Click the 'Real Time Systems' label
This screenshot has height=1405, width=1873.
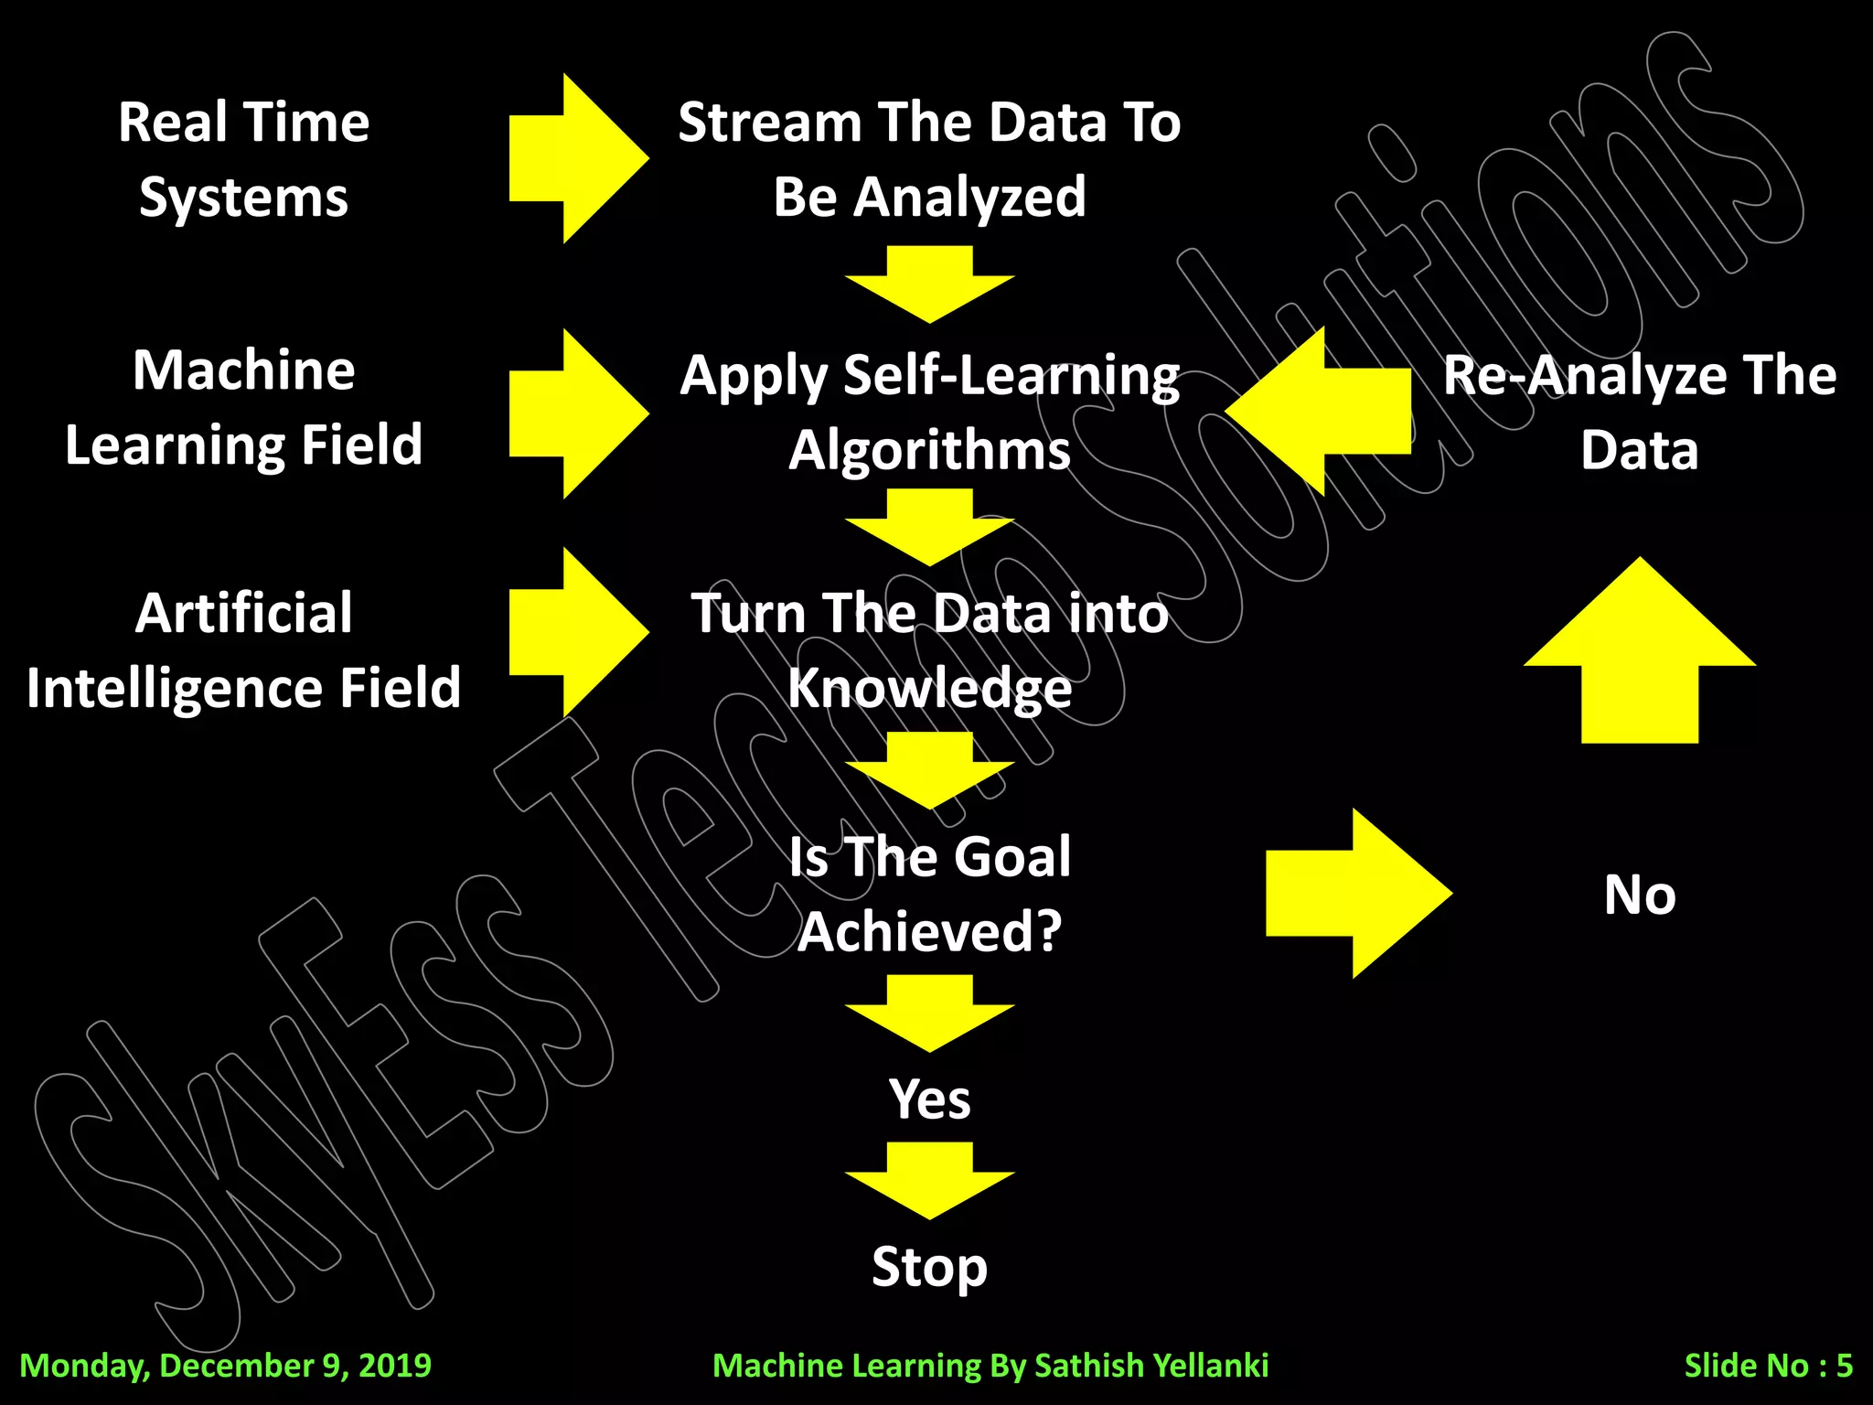pos(243,159)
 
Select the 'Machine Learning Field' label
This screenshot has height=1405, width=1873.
pos(243,408)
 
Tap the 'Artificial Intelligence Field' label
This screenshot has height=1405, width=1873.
pos(243,649)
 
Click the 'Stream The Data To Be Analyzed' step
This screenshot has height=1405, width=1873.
pos(929,159)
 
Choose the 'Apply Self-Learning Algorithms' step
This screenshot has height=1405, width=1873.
pos(929,413)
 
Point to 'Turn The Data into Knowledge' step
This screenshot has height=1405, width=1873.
pos(929,649)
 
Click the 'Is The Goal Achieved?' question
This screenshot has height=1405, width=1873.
pos(929,894)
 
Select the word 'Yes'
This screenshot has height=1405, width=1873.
pos(929,1099)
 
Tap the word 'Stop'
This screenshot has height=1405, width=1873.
pos(929,1267)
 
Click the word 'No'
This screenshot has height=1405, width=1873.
pos(1639,895)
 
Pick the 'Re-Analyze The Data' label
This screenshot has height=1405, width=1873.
pos(1639,413)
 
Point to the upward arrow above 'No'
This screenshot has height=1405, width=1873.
pos(1639,659)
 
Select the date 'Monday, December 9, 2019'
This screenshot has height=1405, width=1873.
pos(225,1366)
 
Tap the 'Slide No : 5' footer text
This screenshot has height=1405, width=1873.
pos(1768,1366)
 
